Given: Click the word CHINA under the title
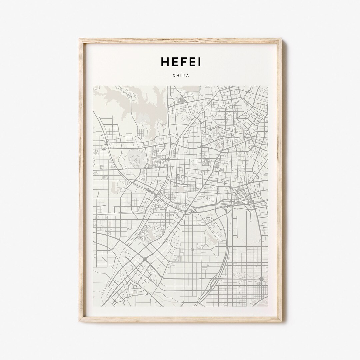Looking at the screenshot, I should (x=181, y=75).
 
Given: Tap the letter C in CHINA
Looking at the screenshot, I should (x=174, y=75).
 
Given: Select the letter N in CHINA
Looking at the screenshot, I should (x=184, y=75).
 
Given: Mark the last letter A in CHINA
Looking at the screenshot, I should (x=188, y=75).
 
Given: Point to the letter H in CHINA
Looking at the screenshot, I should (x=178, y=75).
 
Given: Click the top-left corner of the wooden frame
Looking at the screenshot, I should (x=80, y=39).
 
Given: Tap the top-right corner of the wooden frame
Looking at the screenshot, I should (x=281, y=39).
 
